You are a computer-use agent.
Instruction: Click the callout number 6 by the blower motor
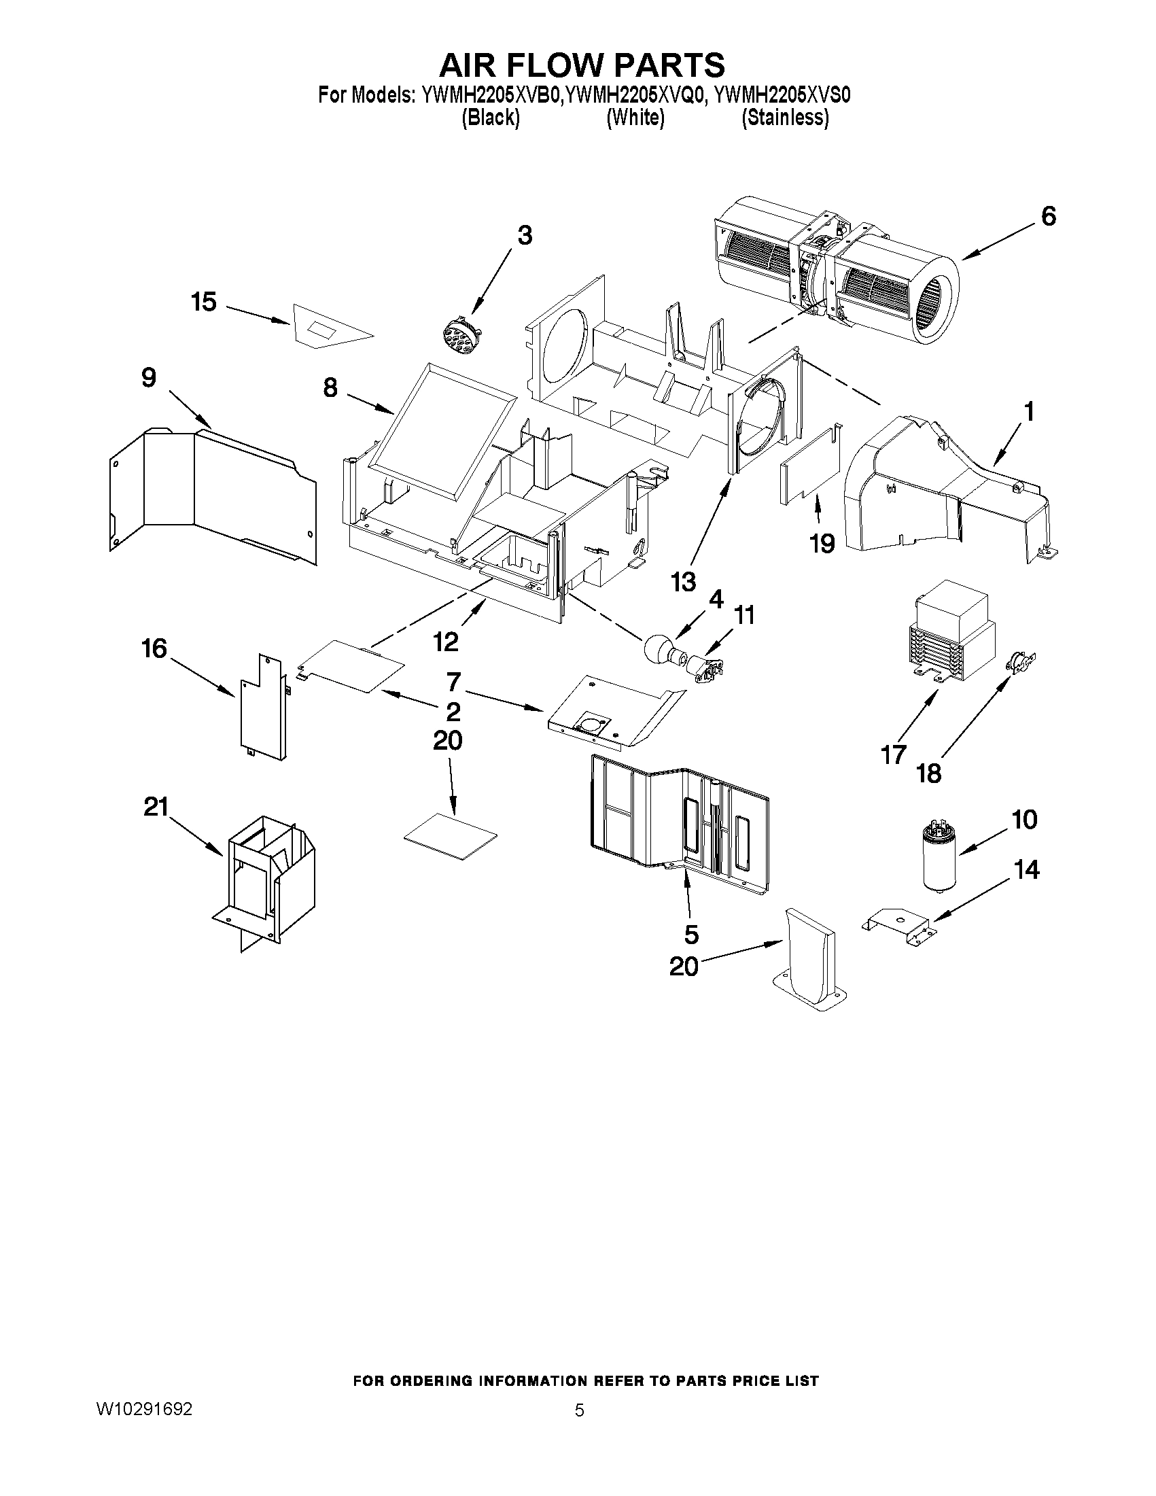pyautogui.click(x=1048, y=216)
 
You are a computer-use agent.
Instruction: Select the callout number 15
pyautogui.click(x=203, y=302)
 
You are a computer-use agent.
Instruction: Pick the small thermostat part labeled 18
pyautogui.click(x=1020, y=661)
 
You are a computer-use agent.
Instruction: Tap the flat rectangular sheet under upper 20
pyautogui.click(x=451, y=835)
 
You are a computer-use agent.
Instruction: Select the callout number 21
pyautogui.click(x=156, y=807)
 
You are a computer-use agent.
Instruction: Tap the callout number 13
pyautogui.click(x=683, y=582)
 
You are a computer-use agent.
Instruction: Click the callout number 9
pyautogui.click(x=148, y=377)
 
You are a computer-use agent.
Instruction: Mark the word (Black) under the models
pyautogui.click(x=491, y=118)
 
